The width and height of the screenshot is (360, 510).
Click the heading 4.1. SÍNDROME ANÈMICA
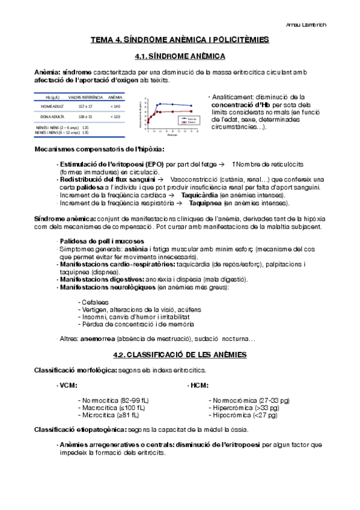click(x=180, y=56)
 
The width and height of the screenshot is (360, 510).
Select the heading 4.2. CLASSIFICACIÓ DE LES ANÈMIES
click(x=180, y=355)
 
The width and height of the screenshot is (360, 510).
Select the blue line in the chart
click(x=174, y=105)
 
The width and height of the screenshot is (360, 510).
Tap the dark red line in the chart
click(x=174, y=112)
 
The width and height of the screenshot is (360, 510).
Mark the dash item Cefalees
click(x=94, y=302)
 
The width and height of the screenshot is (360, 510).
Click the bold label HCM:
click(x=199, y=385)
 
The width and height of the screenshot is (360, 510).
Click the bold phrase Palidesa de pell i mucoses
click(x=95, y=241)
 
